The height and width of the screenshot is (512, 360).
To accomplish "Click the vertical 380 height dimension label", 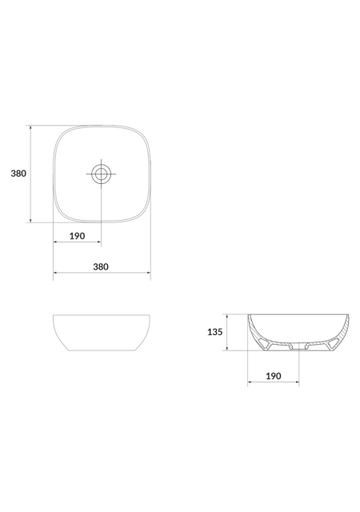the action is [x=18, y=174].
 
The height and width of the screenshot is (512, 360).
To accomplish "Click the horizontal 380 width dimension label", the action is [x=101, y=266].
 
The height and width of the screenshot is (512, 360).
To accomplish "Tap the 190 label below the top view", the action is [x=77, y=236].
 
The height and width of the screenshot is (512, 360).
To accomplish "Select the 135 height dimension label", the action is [x=215, y=332].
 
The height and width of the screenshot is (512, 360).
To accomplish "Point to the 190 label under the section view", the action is [x=273, y=376].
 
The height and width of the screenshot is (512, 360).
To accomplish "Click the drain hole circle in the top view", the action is [x=102, y=174].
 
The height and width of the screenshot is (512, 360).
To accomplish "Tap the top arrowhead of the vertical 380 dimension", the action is [x=30, y=127].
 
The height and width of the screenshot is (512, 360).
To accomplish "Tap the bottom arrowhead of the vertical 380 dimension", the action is [x=30, y=221].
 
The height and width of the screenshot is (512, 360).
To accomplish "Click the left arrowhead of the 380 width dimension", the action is [x=55, y=272].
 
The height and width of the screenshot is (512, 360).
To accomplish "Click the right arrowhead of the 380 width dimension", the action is [x=148, y=272].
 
